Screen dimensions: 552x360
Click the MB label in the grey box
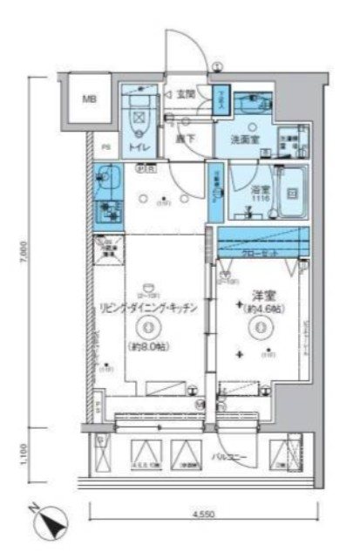click(90, 99)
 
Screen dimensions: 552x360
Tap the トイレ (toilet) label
click(139, 149)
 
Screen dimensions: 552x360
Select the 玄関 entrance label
click(185, 94)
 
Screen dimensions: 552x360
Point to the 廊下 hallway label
click(182, 138)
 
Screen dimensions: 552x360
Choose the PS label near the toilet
click(104, 147)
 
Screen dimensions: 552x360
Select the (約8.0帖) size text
click(150, 347)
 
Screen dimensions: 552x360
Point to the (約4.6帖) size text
click(261, 312)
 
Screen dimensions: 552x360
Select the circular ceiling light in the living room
click(148, 328)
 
